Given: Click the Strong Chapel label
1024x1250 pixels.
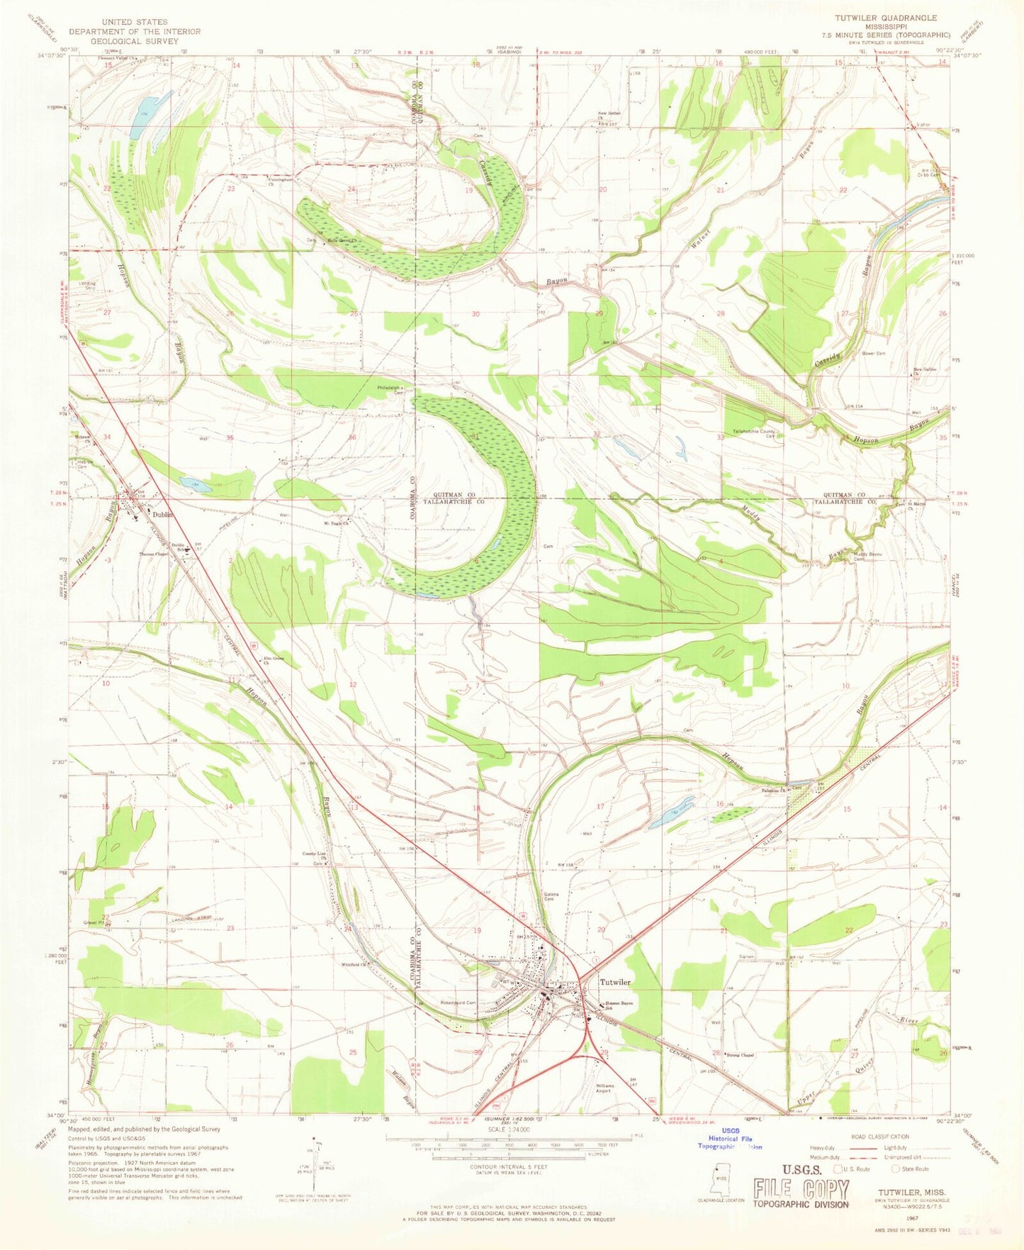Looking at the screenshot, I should pyautogui.click(x=739, y=1055).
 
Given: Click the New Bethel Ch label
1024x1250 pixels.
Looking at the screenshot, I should pyautogui.click(x=609, y=116).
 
